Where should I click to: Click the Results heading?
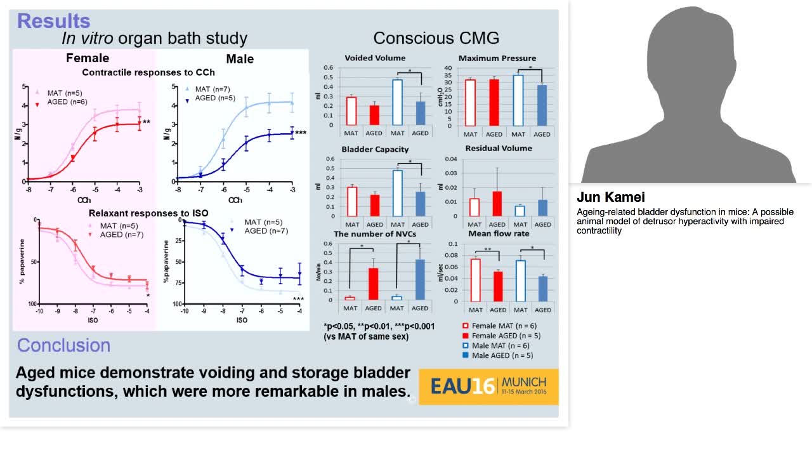(53, 20)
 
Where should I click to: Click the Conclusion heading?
(63, 345)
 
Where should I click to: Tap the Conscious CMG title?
(436, 38)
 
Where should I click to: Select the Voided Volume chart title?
(374, 58)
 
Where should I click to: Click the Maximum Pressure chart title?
(497, 58)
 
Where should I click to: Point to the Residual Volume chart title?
(499, 149)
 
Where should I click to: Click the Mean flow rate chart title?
(498, 234)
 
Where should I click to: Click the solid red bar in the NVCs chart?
(374, 284)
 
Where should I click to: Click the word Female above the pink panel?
(88, 58)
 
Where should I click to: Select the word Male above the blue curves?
(239, 59)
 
